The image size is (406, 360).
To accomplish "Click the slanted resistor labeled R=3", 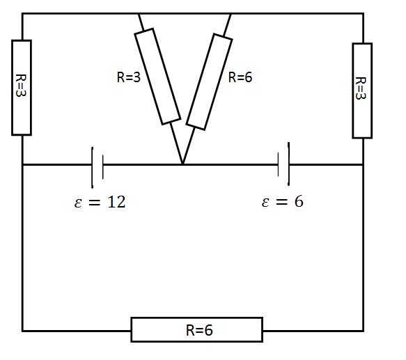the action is pyautogui.click(x=157, y=77).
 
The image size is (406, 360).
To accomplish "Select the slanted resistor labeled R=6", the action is pyautogui.click(x=209, y=81).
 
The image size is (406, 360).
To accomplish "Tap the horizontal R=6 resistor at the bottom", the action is pyautogui.click(x=197, y=329).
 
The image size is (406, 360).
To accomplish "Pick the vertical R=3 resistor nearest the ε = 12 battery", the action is pyautogui.click(x=22, y=88).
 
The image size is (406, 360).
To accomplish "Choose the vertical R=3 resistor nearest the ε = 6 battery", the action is pyautogui.click(x=362, y=91).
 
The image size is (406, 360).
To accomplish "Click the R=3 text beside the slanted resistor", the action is pyautogui.click(x=129, y=77).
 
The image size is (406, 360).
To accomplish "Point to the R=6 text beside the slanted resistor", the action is pyautogui.click(x=240, y=77).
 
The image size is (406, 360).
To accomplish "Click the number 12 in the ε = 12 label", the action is pyautogui.click(x=116, y=202).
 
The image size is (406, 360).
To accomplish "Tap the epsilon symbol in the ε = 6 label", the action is pyautogui.click(x=265, y=202).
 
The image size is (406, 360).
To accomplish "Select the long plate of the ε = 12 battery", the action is pyautogui.click(x=92, y=167).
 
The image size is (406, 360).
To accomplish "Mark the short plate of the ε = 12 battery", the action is pyautogui.click(x=103, y=167).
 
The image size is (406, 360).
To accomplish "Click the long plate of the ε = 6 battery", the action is pyautogui.click(x=288, y=164).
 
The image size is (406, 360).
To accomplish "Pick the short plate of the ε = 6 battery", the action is pyautogui.click(x=278, y=164).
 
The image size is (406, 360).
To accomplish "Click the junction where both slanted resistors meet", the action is pyautogui.click(x=182, y=164).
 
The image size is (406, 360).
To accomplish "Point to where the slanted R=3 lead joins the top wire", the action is pyautogui.click(x=139, y=13).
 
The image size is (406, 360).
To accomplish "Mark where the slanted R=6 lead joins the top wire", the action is pyautogui.click(x=231, y=13).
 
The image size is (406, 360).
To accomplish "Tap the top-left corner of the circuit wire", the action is pyautogui.click(x=22, y=13).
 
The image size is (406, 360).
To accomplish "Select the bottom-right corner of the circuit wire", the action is pyautogui.click(x=364, y=331).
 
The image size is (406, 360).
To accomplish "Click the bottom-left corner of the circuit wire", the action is pyautogui.click(x=22, y=331).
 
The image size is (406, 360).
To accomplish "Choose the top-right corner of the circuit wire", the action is pyautogui.click(x=364, y=13).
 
